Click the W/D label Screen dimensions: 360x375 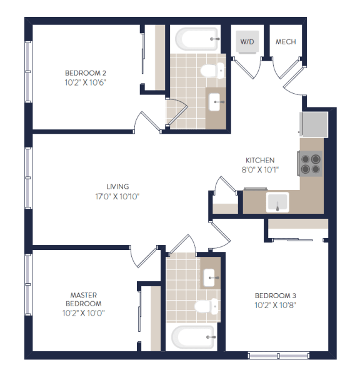[x=247, y=42]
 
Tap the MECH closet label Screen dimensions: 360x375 [x=286, y=42]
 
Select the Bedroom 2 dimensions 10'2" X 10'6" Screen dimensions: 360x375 [x=86, y=82]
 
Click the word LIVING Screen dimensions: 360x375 [x=117, y=186]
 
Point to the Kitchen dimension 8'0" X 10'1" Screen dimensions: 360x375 [x=260, y=170]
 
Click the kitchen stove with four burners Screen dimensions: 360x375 [x=310, y=164]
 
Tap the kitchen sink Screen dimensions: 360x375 [x=277, y=202]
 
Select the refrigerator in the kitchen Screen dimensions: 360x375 [x=314, y=124]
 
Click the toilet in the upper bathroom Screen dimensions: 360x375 [x=212, y=71]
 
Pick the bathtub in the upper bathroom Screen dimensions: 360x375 [x=197, y=39]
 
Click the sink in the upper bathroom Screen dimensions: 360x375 [x=214, y=102]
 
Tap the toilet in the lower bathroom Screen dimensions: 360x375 [x=206, y=306]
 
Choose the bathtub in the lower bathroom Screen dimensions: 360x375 [x=193, y=337]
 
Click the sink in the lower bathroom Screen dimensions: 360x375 [x=209, y=278]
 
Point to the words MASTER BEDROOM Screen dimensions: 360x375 [x=84, y=299]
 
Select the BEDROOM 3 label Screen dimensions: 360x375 [x=276, y=296]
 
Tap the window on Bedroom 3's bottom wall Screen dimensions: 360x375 [x=279, y=356]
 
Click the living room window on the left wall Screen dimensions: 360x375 [x=29, y=178]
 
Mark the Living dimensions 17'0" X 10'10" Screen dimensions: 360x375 [x=117, y=197]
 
